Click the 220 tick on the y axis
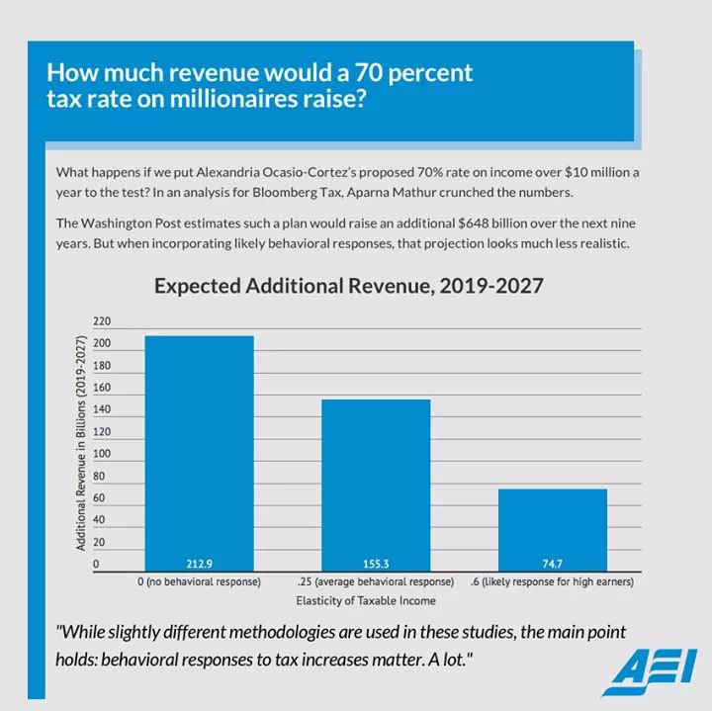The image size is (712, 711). tap(101, 322)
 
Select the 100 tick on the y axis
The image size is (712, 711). tap(101, 455)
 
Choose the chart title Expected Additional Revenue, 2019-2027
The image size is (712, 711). tap(349, 287)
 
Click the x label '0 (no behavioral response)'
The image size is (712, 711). tap(199, 582)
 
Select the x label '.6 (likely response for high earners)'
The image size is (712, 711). tap(551, 582)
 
